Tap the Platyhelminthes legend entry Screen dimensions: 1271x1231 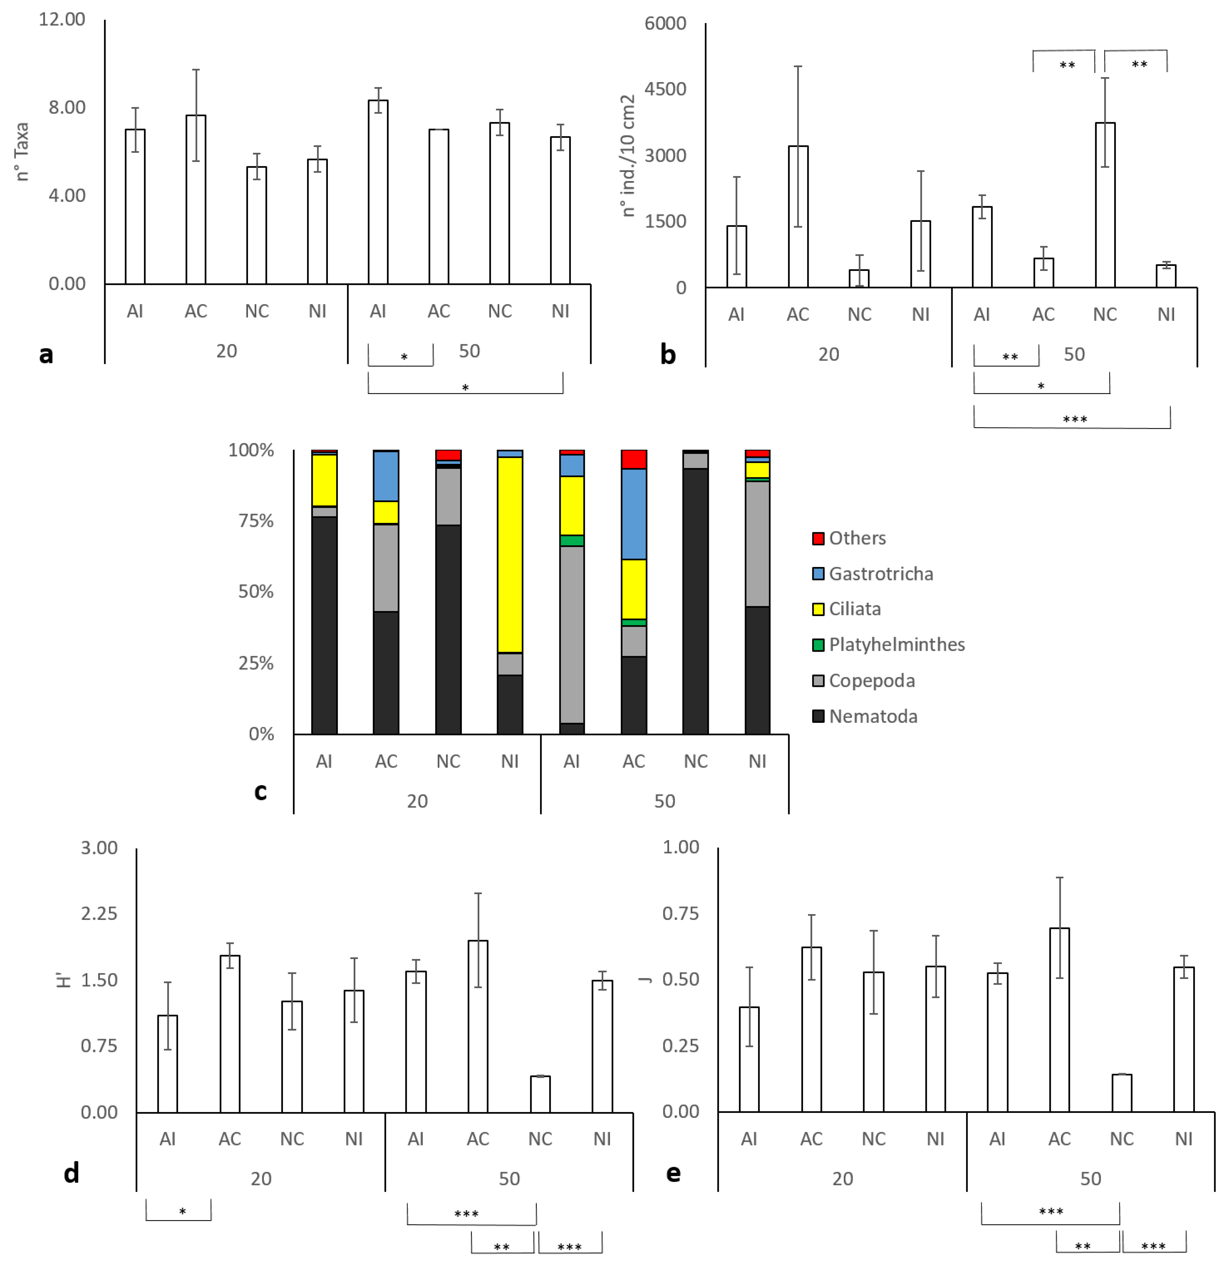(896, 645)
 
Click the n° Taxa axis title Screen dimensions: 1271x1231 (22, 152)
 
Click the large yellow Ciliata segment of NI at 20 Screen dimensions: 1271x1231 (510, 555)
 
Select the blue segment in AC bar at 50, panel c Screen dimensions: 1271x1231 (634, 514)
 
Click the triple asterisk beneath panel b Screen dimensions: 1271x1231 (1075, 419)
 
